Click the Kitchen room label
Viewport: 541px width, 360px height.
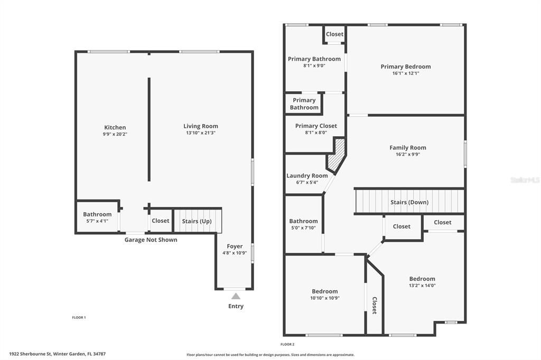(x=115, y=127)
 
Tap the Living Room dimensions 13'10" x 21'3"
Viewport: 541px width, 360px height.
(x=200, y=133)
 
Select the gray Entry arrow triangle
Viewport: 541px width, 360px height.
(x=236, y=296)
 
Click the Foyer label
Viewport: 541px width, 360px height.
(x=235, y=247)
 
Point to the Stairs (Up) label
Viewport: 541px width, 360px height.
(x=197, y=221)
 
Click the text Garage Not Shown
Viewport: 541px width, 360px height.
(x=151, y=240)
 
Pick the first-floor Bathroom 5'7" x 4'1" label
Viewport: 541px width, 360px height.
(x=97, y=214)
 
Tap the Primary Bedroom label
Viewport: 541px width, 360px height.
(x=405, y=67)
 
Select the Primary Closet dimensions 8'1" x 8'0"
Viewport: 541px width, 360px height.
(x=316, y=132)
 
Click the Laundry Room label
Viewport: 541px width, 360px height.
(x=307, y=176)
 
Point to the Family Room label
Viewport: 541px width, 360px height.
(x=407, y=148)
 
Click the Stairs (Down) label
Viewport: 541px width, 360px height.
(x=409, y=202)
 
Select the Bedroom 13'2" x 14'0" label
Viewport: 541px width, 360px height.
(x=422, y=279)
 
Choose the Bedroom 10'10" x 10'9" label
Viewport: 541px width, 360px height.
(x=324, y=291)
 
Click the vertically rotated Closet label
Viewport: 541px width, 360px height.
(x=374, y=305)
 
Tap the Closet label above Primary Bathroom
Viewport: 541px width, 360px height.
(x=334, y=34)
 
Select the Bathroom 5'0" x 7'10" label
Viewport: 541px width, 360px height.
(x=303, y=221)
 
